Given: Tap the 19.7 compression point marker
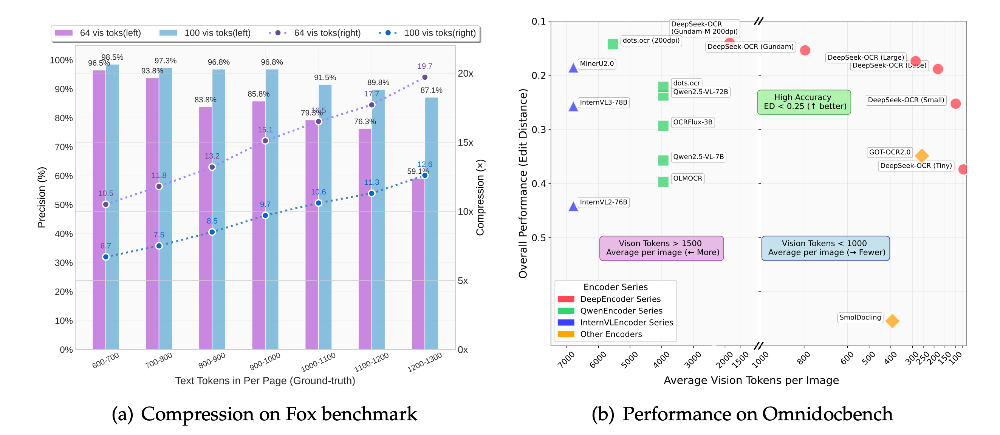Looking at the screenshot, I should pos(425,77).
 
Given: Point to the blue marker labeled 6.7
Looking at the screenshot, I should pos(105,257).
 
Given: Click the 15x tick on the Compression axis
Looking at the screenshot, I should pos(465,143).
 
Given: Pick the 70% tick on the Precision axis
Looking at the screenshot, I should pos(63,147).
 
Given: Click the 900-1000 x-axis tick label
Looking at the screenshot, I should pos(265,361).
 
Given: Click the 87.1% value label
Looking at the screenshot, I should pos(431,90).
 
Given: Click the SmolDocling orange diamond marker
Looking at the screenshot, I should pos(892,321).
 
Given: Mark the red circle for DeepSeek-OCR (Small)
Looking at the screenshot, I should pos(955,103).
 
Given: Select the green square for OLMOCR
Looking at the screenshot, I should pos(663,182).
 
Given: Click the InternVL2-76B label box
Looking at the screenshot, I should pos(603,202).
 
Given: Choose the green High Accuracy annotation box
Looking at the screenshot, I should pos(804,102).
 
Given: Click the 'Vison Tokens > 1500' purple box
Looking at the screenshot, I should pos(661,248).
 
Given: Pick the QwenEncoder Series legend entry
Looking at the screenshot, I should pos(621,310).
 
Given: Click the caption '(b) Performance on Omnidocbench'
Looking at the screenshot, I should pos(742,414).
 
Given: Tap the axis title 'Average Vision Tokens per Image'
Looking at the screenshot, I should pos(751,380).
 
